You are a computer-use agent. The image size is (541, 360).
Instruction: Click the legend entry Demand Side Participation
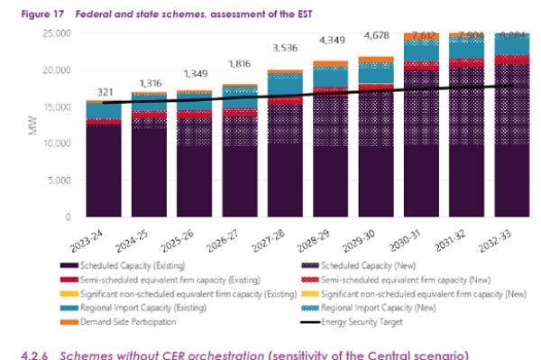pyautogui.click(x=119, y=320)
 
